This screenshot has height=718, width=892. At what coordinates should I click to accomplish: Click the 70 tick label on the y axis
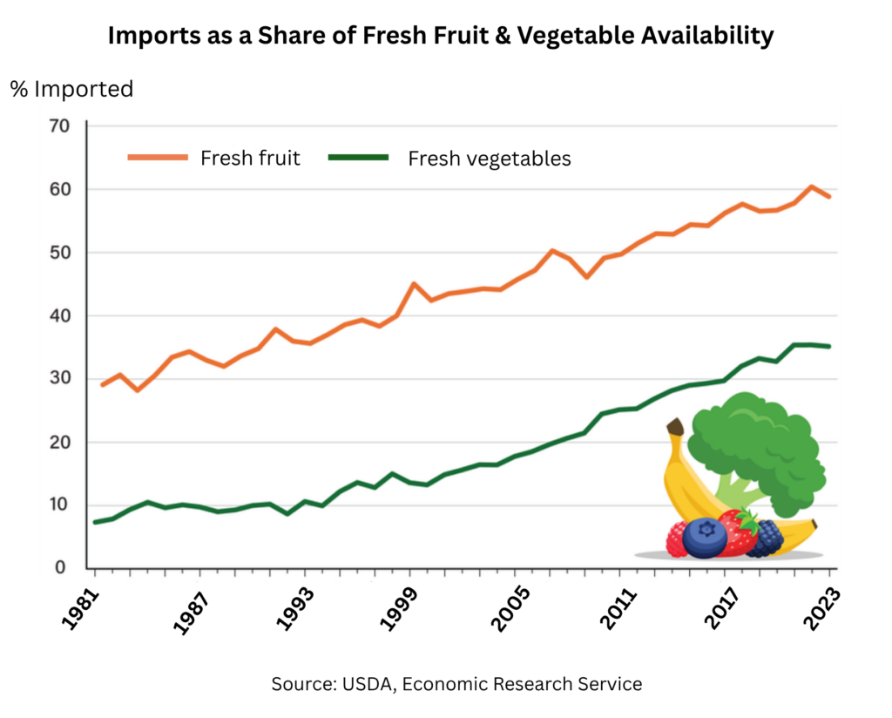pos(59,126)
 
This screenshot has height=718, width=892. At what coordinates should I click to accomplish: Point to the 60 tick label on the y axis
pos(59,190)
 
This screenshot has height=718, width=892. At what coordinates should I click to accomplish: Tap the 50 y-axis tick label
pos(59,253)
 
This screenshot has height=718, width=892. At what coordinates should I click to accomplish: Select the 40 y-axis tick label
pos(59,316)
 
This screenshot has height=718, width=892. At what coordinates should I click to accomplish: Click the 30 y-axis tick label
pos(59,379)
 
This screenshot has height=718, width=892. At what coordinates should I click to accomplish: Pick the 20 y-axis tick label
pos(59,443)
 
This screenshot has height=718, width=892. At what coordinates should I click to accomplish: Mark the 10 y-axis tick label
pos(59,505)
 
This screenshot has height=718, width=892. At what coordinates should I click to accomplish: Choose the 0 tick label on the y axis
pos(61,568)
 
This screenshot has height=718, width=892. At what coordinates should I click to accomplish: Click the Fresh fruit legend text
pos(250,158)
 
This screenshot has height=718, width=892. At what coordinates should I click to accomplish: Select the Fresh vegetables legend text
pos(490,159)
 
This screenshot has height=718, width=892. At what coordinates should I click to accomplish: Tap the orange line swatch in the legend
pos(158,157)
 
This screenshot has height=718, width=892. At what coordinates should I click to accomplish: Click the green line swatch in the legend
pos(358,157)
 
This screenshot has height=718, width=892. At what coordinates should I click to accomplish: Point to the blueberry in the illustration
pos(705,537)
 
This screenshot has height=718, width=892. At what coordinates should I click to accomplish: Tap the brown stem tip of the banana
pos(674,427)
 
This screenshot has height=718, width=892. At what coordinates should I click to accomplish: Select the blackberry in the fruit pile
pos(767,538)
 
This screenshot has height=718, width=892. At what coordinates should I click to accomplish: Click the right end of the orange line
pos(829,196)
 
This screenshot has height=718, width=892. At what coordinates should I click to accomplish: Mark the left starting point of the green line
pos(94,522)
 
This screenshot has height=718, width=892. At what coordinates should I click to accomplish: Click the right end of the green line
pos(829,347)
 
